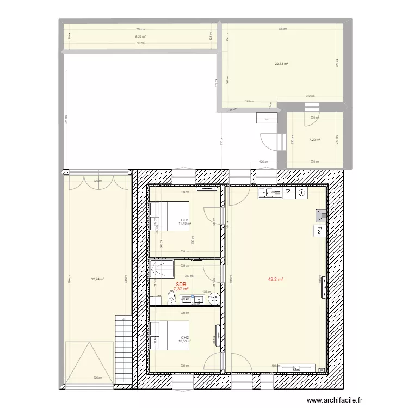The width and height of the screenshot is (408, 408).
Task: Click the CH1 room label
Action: pos(184,220)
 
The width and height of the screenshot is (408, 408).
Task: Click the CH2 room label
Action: pos(184,337)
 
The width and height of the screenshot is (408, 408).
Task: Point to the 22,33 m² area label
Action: pos(281,63)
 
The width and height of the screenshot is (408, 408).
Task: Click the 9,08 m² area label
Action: pos(140,36)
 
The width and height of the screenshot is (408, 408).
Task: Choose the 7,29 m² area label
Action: pos(314,140)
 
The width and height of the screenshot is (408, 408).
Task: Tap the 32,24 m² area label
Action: pos(98,279)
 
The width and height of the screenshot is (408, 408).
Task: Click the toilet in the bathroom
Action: pos(172,297)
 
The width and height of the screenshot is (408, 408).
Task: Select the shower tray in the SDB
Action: pos(162,268)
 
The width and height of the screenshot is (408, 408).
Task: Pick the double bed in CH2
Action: pos(169,335)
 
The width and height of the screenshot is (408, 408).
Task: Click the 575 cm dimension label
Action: pos(282,29)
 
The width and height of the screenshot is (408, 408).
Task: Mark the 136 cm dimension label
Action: pos(264,162)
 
